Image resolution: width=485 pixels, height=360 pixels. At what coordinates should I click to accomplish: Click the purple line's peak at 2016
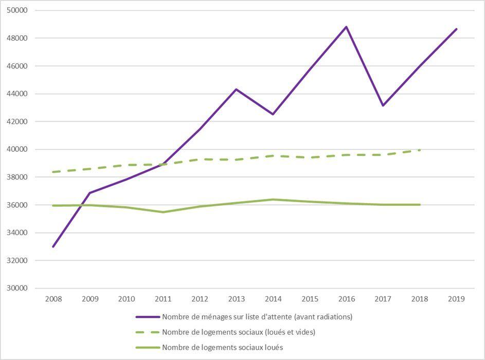(346, 27)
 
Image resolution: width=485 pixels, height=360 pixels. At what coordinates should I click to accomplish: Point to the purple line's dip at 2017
(383, 105)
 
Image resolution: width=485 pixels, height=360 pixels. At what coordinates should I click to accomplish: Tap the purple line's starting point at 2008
(53, 246)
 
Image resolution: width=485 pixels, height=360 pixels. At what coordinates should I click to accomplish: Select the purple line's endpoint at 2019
(456, 29)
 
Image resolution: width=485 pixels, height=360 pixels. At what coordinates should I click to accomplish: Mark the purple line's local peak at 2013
(236, 89)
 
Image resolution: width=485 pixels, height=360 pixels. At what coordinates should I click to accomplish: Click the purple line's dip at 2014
(273, 114)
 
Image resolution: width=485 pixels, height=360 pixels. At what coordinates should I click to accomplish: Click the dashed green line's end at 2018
(420, 150)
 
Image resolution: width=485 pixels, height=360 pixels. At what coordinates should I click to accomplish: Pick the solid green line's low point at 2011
(163, 212)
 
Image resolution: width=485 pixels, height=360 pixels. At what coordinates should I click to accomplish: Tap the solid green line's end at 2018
(420, 205)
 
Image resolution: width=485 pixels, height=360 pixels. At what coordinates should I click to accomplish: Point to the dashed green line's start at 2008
(53, 172)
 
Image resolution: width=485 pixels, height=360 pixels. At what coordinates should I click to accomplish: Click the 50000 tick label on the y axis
(17, 10)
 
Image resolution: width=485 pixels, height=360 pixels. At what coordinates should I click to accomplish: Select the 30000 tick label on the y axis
(17, 288)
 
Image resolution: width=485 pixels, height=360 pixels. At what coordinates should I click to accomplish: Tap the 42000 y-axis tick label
(17, 121)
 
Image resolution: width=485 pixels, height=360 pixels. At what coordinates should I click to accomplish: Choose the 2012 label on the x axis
(200, 299)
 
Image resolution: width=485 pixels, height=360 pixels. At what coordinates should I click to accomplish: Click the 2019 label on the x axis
(456, 299)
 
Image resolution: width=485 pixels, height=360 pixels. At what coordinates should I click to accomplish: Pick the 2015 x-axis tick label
(310, 299)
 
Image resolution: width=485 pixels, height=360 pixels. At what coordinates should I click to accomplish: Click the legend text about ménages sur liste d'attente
(257, 317)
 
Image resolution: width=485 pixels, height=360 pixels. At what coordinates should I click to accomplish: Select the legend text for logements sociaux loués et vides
(238, 332)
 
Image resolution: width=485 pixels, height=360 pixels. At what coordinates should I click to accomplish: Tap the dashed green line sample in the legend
(147, 332)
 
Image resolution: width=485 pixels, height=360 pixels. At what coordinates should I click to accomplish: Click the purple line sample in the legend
(147, 317)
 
